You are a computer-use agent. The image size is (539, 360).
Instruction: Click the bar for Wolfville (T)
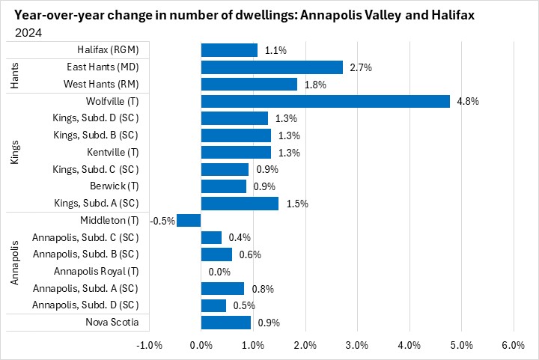[x=326, y=101]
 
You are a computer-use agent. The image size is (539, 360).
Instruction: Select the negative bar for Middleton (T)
[x=189, y=220]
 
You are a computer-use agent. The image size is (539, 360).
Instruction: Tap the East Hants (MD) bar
[x=272, y=67]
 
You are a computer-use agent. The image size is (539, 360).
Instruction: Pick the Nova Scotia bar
[x=226, y=323]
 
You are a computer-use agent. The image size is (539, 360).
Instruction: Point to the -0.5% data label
[x=162, y=221]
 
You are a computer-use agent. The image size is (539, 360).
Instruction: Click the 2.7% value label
[x=361, y=67]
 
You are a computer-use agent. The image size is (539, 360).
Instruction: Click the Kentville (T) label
[x=113, y=153]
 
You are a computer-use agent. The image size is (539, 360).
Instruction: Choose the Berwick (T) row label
[x=116, y=186]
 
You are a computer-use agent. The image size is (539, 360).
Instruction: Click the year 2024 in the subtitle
[x=28, y=33]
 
